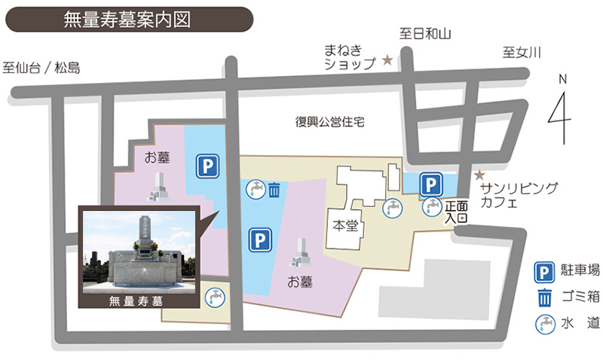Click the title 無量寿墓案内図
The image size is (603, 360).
pyautogui.click(x=127, y=20)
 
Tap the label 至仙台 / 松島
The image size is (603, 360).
pyautogui.click(x=41, y=68)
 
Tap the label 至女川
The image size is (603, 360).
pyautogui.click(x=522, y=52)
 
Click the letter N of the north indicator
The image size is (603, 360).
pyautogui.click(x=562, y=78)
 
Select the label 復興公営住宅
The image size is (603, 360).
pyautogui.click(x=329, y=122)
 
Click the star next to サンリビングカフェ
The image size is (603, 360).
pyautogui.click(x=477, y=174)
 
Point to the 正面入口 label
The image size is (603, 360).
pyautogui.click(x=457, y=211)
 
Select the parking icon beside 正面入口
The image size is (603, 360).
pyautogui.click(x=430, y=185)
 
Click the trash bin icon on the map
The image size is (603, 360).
pyautogui.click(x=275, y=189)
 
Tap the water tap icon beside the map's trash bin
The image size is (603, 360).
pyautogui.click(x=256, y=188)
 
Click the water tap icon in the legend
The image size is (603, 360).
pyautogui.click(x=543, y=324)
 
